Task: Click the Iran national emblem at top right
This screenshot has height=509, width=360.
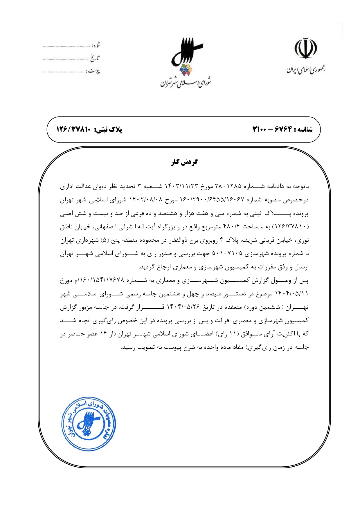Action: [x=306, y=48]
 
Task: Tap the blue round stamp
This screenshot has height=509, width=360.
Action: [x=89, y=424]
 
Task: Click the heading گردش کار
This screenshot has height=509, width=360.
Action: [x=184, y=162]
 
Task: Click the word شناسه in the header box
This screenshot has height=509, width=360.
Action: [x=304, y=129]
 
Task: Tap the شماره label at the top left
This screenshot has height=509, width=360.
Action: [x=96, y=45]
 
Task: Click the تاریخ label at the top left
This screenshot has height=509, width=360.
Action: [x=94, y=58]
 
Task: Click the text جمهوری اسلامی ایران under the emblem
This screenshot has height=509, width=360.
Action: [x=306, y=70]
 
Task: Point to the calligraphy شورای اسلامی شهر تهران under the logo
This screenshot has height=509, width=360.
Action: [x=186, y=83]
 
